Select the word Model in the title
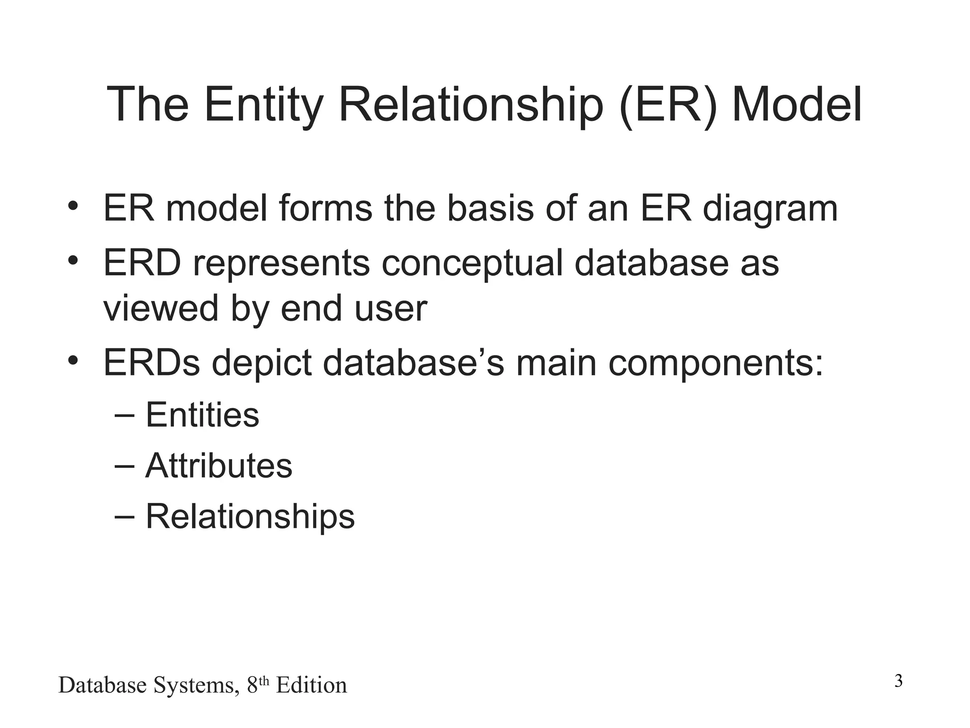[797, 105]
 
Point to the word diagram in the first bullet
[770, 209]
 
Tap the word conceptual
[472, 264]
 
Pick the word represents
[281, 264]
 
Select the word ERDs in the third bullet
[152, 363]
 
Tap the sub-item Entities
[202, 415]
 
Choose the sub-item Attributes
[219, 465]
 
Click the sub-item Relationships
[250, 516]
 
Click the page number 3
[898, 681]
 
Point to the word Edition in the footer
[311, 685]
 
